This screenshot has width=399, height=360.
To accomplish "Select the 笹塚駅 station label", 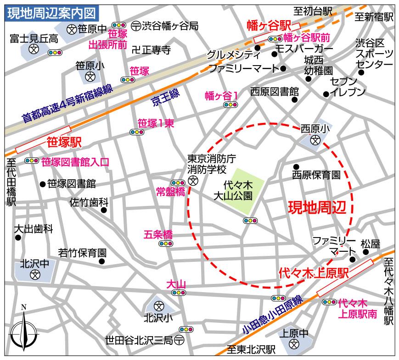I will (64, 142).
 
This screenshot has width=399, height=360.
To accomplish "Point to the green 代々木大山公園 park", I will (243, 190).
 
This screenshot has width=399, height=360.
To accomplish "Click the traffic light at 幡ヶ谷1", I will (230, 105).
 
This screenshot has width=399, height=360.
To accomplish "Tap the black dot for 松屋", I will (365, 252).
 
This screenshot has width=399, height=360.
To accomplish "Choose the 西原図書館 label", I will (275, 92).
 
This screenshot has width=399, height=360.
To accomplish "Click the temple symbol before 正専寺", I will (135, 50).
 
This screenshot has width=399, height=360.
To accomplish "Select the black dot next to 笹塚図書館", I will (43, 184).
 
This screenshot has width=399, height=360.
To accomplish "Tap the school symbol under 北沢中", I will (34, 275).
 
